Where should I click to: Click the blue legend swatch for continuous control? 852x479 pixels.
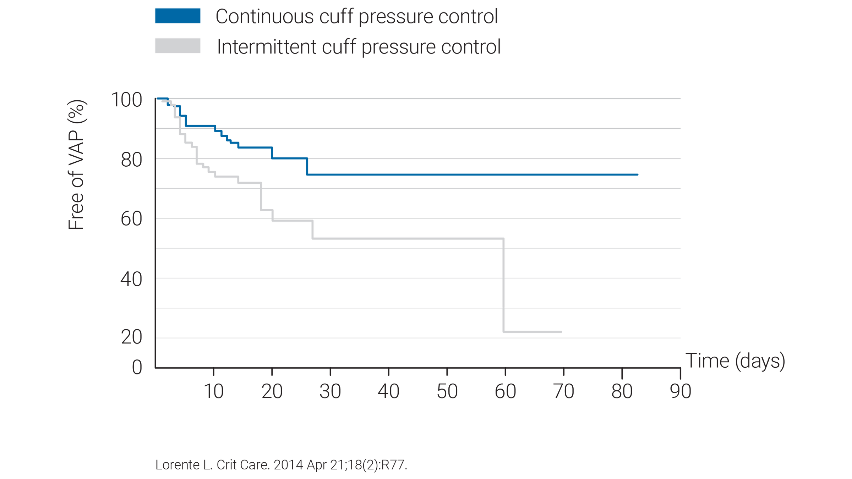[x=177, y=16]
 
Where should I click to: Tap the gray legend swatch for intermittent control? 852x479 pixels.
[x=177, y=46]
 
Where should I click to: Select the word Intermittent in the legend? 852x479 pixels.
[x=267, y=47]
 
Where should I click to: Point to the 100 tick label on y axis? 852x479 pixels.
[x=127, y=100]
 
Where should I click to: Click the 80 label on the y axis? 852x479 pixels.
[x=131, y=160]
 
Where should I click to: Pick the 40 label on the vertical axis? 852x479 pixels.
[x=131, y=280]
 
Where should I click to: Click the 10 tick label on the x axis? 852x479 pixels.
[x=214, y=391]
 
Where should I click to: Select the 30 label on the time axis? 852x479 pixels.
[x=330, y=391]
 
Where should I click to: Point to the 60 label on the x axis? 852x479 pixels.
[x=505, y=391]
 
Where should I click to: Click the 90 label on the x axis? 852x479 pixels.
[x=681, y=391]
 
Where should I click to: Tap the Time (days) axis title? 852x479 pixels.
[x=735, y=361]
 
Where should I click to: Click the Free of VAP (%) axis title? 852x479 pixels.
[x=77, y=165]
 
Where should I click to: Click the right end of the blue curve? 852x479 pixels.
[x=638, y=174]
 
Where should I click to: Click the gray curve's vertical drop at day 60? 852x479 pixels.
[x=503, y=284]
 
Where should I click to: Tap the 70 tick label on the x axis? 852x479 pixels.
[x=564, y=391]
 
